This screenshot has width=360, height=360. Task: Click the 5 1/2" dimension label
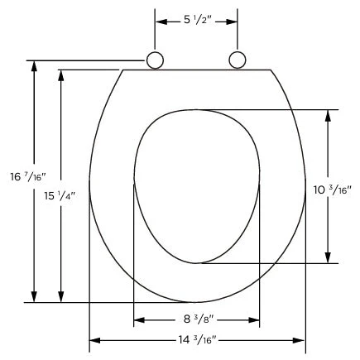(x=198, y=20)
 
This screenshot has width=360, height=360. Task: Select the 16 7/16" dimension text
(x=28, y=176)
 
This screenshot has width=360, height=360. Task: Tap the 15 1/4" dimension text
(x=60, y=196)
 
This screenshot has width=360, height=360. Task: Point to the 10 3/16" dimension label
(x=332, y=190)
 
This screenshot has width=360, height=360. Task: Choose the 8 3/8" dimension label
(x=199, y=319)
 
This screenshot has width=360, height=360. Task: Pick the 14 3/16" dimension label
(x=197, y=340)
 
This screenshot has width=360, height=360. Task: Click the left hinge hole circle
(x=155, y=60)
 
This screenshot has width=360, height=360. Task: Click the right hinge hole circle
(x=238, y=60)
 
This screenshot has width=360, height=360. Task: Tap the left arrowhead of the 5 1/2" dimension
(x=161, y=22)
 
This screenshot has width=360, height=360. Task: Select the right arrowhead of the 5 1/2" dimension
(x=232, y=22)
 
